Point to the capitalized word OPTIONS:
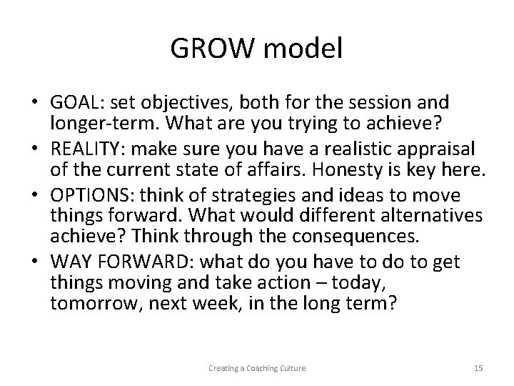(x=88, y=195)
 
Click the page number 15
(x=478, y=368)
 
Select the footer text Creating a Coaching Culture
(x=257, y=368)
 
